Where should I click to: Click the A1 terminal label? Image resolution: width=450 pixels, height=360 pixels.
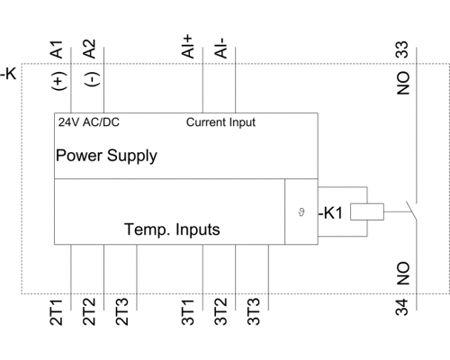point(57,49)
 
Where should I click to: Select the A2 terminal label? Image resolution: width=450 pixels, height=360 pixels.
point(89,49)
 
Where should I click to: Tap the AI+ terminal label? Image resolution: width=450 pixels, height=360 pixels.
point(188,46)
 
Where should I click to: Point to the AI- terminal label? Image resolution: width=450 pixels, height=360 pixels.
point(220,48)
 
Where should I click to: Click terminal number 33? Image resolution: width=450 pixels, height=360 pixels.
point(402,49)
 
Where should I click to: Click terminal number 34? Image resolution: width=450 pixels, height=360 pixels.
point(402,307)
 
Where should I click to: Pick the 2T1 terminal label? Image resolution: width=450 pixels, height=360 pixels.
point(57,312)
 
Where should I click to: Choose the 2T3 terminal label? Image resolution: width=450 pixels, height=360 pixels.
point(122,312)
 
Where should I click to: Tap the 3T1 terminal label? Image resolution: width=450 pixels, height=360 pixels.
point(188,312)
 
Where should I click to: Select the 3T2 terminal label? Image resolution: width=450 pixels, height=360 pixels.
point(220,312)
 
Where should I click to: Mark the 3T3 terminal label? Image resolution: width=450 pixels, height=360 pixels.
point(254,312)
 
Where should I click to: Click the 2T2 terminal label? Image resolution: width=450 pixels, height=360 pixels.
point(89,312)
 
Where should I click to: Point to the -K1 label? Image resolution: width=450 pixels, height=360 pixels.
point(330,213)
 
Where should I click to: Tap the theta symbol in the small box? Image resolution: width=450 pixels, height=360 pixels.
point(301,212)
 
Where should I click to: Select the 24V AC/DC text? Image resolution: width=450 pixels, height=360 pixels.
point(89,122)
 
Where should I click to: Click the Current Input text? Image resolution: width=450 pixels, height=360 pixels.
point(220,122)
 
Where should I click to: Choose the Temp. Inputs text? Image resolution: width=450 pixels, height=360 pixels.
point(172,229)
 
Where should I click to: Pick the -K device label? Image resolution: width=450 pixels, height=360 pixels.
point(8,73)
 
